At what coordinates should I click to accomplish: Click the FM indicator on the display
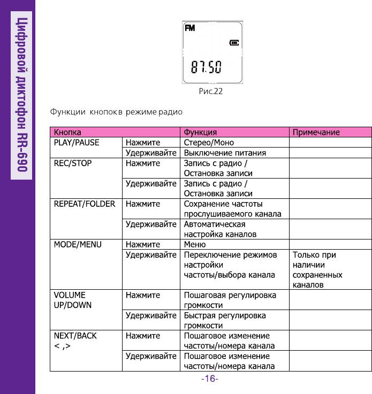190,28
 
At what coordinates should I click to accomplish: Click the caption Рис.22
210,91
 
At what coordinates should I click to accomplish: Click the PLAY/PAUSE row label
75,143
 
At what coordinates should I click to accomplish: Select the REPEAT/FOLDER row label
84,204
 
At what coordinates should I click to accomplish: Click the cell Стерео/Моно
209,143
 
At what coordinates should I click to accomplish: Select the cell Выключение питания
225,153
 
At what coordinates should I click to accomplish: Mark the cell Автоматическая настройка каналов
220,229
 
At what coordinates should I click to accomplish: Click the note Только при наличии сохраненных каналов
317,270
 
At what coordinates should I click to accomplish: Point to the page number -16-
210,379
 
